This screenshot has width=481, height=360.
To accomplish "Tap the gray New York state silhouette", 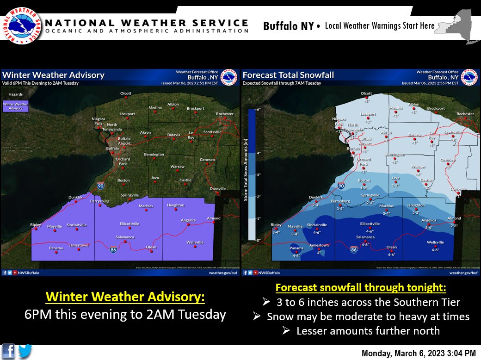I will pos(458,25).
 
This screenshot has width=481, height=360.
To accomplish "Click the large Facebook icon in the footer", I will pos(8,351).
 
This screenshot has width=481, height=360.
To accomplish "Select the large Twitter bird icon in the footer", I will pos(25,351).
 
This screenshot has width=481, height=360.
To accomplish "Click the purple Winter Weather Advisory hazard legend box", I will pos(15,106).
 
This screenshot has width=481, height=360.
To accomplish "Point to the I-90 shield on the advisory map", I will pos(100,186).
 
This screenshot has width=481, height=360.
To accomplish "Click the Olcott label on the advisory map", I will pos(126,93).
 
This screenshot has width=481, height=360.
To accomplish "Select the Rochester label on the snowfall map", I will pos(465,114).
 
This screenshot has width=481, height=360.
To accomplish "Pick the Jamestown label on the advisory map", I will pos(78,245).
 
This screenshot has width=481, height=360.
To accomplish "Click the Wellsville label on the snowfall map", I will pos(435,242).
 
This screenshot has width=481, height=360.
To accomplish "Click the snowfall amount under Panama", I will pos(296,255).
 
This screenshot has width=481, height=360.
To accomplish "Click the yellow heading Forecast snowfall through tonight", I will pos(361,288).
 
